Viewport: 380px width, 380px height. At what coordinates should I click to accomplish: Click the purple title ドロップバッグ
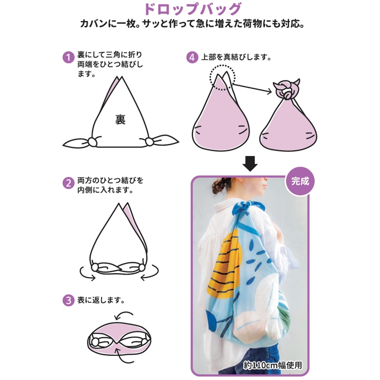(193, 9)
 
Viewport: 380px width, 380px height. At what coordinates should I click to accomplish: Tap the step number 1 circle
(69, 58)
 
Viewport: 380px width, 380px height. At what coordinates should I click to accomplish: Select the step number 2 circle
(69, 183)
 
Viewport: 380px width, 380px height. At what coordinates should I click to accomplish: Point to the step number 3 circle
(69, 300)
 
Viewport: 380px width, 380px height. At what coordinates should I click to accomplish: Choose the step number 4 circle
(192, 58)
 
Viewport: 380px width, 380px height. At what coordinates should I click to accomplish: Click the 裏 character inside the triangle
(120, 120)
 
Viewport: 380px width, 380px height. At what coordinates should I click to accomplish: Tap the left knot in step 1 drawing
(92, 142)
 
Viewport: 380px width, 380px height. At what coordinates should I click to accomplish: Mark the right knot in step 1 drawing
(150, 141)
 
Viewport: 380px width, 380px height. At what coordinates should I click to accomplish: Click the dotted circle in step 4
(222, 78)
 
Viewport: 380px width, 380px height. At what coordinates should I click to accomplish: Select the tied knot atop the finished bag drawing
(287, 89)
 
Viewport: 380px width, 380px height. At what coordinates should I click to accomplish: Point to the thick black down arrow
(250, 164)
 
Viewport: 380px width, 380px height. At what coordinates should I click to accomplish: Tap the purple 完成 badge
(300, 181)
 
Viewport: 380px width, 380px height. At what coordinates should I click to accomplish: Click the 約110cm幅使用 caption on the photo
(273, 365)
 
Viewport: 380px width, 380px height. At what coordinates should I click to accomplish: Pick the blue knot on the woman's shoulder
(248, 207)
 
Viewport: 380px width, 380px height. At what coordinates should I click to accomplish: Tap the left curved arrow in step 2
(86, 274)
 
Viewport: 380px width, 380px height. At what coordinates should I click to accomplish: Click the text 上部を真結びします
(236, 57)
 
